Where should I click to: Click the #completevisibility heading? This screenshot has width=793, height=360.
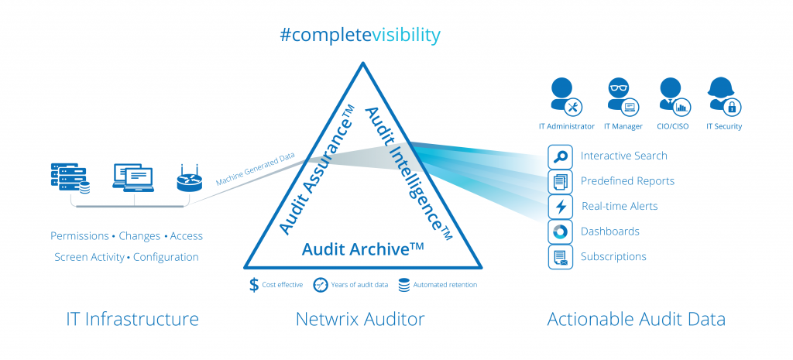click(362, 35)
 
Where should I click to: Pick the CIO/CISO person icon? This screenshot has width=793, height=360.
click(671, 97)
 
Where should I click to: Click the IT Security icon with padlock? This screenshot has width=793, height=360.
click(723, 97)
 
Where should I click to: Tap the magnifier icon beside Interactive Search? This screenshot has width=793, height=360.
click(560, 157)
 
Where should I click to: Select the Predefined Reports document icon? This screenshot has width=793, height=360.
click(560, 182)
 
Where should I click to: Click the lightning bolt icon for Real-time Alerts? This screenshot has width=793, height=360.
click(560, 207)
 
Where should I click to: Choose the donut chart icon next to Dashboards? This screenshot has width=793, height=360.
click(560, 231)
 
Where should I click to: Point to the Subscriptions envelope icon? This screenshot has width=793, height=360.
click(560, 256)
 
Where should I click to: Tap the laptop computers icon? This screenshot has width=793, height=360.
click(133, 178)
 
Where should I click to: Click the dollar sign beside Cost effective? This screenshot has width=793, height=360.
click(254, 285)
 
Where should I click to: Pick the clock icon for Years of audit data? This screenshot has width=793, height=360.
click(319, 285)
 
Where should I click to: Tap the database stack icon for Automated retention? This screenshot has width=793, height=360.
click(403, 285)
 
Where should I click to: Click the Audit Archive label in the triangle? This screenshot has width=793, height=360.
click(362, 249)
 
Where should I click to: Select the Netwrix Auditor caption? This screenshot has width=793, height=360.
click(359, 319)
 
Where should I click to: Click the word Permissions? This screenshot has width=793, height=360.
click(80, 235)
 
